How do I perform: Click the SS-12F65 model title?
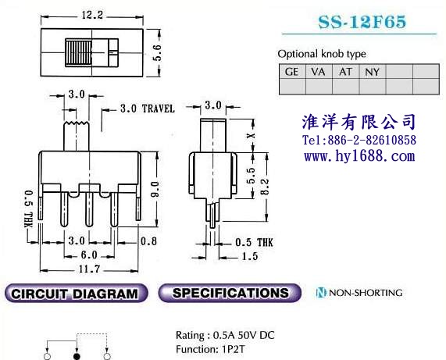(x=362, y=22)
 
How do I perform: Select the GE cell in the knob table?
(x=292, y=71)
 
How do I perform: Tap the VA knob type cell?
(x=319, y=71)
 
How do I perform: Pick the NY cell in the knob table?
(x=373, y=71)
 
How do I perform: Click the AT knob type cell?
(x=345, y=71)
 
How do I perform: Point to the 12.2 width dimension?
(x=92, y=15)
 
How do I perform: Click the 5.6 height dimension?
(x=157, y=52)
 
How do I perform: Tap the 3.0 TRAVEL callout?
(x=148, y=109)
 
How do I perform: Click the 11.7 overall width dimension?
(x=89, y=269)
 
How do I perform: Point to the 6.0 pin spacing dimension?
(x=89, y=255)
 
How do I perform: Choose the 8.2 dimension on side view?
(x=265, y=187)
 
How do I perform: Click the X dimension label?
(x=251, y=136)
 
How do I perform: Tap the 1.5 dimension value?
(x=250, y=256)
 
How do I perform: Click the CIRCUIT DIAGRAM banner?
(x=76, y=293)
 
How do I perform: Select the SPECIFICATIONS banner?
(x=230, y=293)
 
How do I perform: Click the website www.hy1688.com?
(x=359, y=156)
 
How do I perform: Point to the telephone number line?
(x=359, y=140)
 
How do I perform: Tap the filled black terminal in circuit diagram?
(x=77, y=356)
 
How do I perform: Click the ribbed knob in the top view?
(x=79, y=52)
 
